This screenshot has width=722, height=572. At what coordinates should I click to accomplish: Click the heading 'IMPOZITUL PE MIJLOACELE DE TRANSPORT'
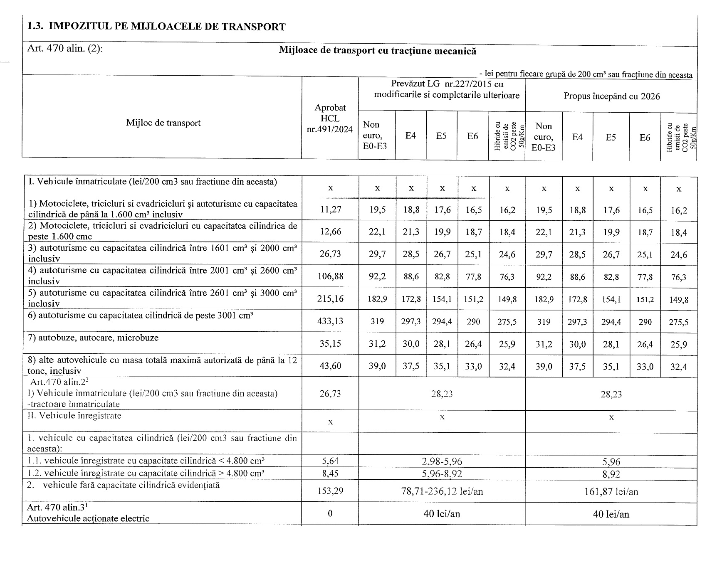167,27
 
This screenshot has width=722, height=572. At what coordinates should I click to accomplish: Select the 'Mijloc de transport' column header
163,123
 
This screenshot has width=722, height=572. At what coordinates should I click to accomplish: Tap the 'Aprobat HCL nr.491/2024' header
330,118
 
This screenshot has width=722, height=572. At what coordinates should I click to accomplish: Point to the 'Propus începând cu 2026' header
611,96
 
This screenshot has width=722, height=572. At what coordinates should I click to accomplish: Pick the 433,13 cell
331,321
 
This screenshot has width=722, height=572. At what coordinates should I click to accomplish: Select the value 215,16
331,299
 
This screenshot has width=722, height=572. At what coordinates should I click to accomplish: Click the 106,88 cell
331,276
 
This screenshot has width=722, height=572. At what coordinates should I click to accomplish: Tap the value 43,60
331,366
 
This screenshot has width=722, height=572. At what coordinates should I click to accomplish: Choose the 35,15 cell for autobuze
331,344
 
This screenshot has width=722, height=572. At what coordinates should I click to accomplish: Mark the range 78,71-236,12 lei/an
442,492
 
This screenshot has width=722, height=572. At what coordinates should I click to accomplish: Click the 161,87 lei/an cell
611,492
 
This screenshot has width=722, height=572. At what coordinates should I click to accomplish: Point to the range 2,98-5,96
442,461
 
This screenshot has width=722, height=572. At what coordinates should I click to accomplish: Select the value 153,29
331,491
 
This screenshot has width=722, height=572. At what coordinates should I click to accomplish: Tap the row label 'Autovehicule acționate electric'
88,518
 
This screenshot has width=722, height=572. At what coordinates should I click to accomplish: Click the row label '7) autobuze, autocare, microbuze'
93,338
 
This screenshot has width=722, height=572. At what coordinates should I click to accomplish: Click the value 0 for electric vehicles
330,514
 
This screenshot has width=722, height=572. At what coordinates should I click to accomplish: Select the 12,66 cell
331,232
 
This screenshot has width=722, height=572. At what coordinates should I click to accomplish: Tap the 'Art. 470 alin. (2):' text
65,48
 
